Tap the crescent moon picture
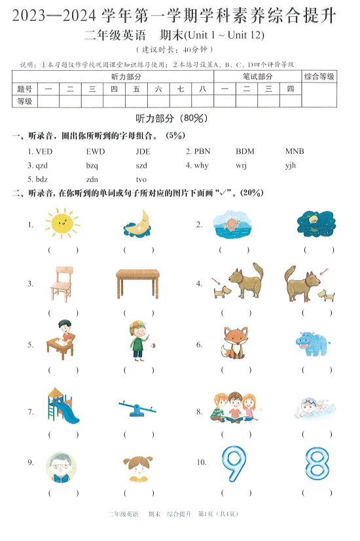[x=138, y=223]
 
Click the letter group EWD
[x=96, y=151]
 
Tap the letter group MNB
[x=295, y=151]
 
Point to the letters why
[x=201, y=165]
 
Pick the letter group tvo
[x=141, y=179]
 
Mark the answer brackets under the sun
[x=63, y=250]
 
